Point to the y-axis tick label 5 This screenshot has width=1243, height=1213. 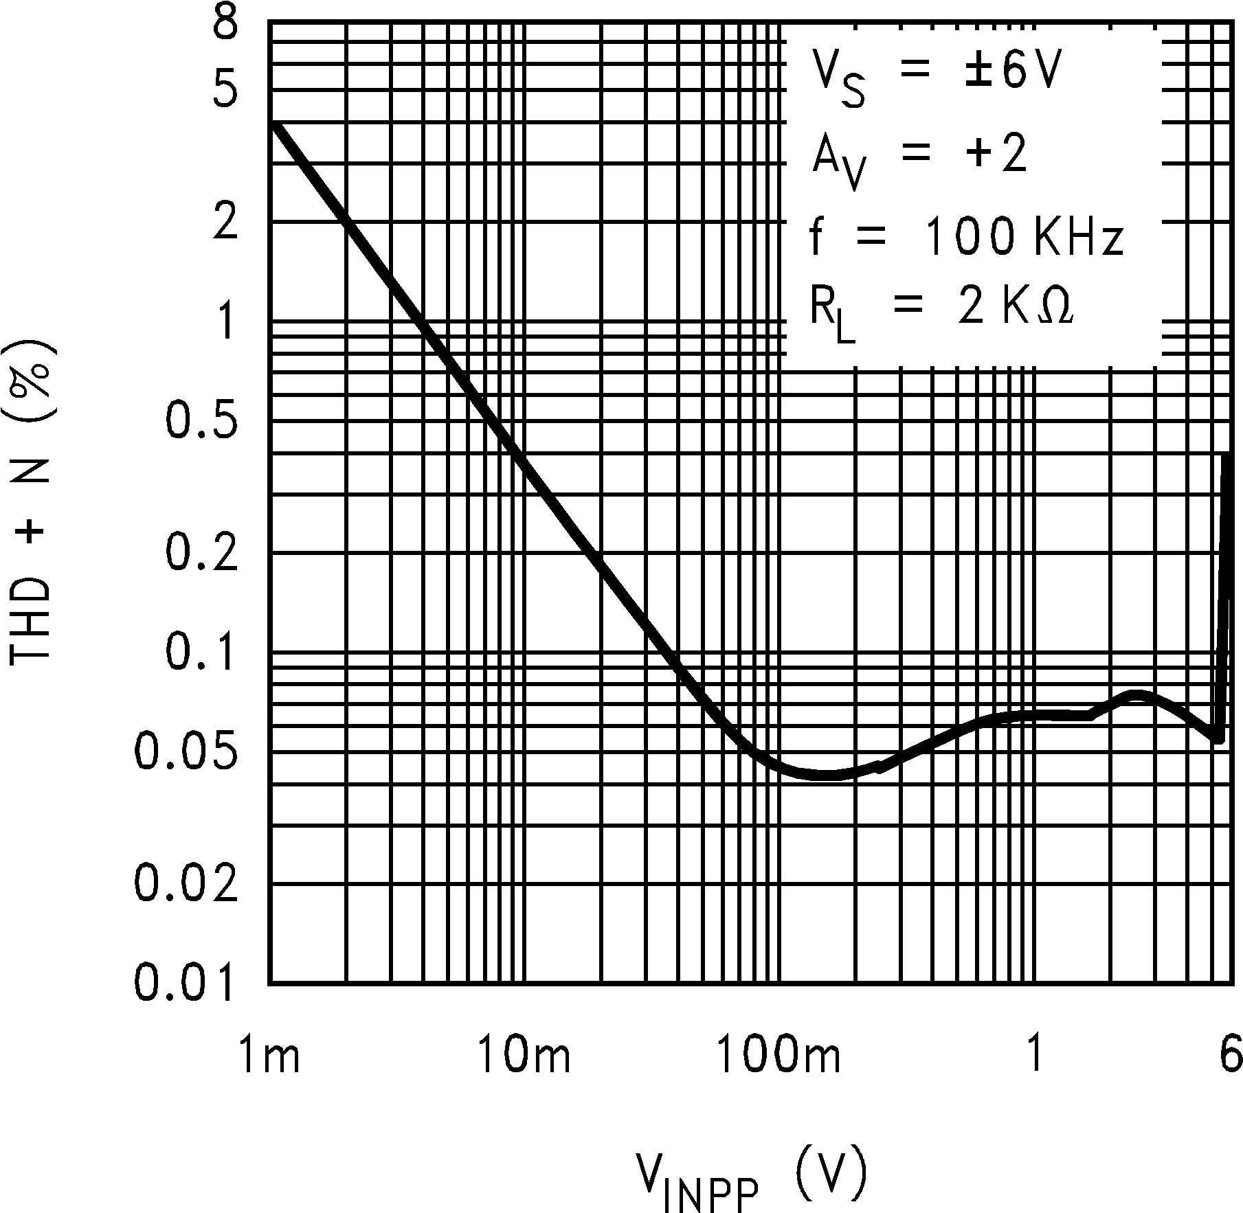click(x=225, y=92)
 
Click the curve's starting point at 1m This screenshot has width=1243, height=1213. click(x=273, y=124)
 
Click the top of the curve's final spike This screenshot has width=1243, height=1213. click(x=1226, y=455)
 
